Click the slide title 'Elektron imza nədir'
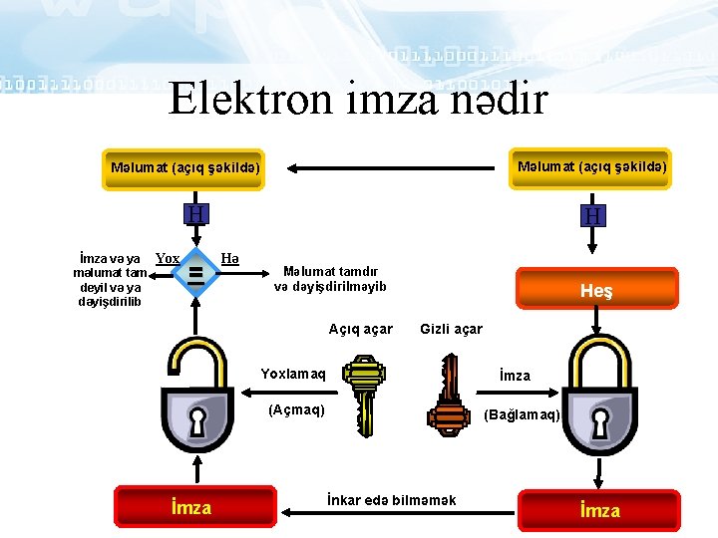[358, 99]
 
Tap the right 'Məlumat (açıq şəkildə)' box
[592, 166]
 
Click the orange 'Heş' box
[595, 290]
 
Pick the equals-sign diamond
[196, 270]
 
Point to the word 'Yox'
[168, 258]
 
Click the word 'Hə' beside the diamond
[229, 258]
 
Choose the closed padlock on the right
[598, 399]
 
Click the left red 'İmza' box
[192, 507]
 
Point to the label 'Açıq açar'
[360, 329]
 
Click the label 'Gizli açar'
[451, 329]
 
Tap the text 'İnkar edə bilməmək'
[391, 500]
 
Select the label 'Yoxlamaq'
[292, 375]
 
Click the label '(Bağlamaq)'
[522, 414]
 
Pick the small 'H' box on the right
[593, 215]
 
